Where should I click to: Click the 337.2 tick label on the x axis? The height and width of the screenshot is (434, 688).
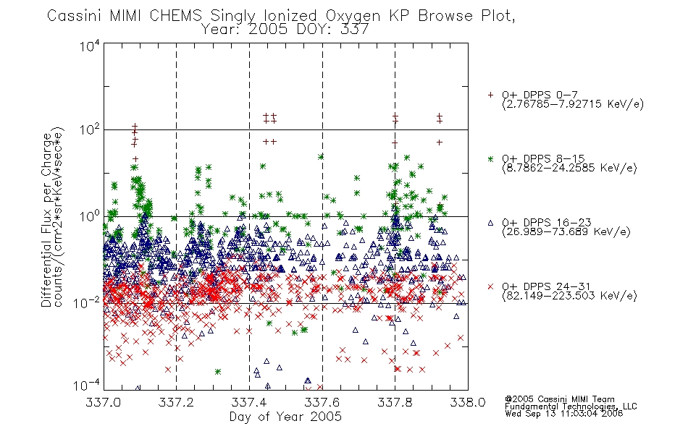point(176,402)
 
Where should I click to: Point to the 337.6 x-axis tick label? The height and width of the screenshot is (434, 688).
point(322,402)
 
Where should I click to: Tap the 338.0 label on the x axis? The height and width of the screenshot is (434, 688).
point(468,402)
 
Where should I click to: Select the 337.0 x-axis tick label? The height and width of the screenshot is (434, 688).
point(103,402)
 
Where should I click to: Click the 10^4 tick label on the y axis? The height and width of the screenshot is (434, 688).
point(90,46)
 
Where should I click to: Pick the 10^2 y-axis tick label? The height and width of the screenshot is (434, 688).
point(90,130)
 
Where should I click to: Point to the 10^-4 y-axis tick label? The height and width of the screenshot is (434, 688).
point(86,386)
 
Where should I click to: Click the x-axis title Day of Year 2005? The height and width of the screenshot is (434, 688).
point(285,417)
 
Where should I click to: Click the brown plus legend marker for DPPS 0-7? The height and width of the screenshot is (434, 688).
point(490,95)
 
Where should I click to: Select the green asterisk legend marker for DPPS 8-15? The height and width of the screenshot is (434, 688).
point(490,158)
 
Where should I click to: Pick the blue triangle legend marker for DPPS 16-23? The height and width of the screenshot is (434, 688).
point(490,223)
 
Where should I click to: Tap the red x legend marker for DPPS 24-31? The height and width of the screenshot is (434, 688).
point(490,286)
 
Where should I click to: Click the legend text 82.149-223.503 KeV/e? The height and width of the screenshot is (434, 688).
point(569,296)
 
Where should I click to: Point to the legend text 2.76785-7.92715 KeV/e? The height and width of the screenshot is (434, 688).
point(573,104)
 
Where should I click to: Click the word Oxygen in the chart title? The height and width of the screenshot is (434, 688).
point(353,16)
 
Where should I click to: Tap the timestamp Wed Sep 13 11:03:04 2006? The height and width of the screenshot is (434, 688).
point(564,414)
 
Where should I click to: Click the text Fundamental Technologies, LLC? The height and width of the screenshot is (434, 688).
point(571,407)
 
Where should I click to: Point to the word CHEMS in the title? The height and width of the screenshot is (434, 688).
point(175,16)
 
